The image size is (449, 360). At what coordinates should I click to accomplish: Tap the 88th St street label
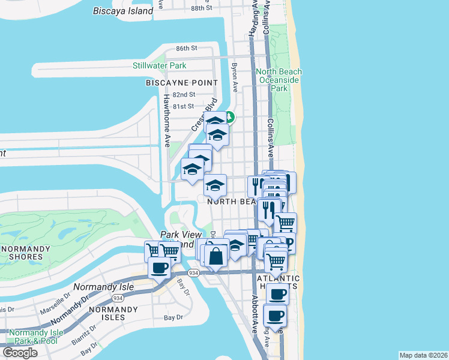[202, 8]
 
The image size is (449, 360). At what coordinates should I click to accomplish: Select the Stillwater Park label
[160, 65]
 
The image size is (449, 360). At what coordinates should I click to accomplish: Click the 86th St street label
[187, 48]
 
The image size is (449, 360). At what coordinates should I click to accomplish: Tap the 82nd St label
[184, 95]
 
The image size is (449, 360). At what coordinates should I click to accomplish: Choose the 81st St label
[184, 106]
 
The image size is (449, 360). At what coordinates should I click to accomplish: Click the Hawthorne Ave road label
[167, 121]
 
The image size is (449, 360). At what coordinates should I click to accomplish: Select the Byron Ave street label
[235, 77]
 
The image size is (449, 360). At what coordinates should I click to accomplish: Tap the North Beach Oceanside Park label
[279, 80]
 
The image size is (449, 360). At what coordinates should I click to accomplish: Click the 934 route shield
[193, 272]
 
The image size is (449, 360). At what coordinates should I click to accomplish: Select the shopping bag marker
[216, 256]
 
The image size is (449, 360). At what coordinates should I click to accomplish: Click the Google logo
[20, 352]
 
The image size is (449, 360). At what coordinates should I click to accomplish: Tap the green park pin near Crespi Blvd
[230, 118]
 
